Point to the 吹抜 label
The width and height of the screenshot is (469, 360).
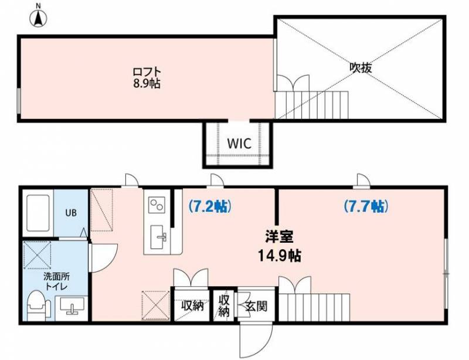point(361,67)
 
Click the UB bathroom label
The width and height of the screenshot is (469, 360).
point(70,212)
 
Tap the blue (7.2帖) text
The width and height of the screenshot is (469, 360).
point(209,206)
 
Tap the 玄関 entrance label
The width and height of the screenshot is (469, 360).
point(256,305)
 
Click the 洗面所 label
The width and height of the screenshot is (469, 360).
point(56,276)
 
